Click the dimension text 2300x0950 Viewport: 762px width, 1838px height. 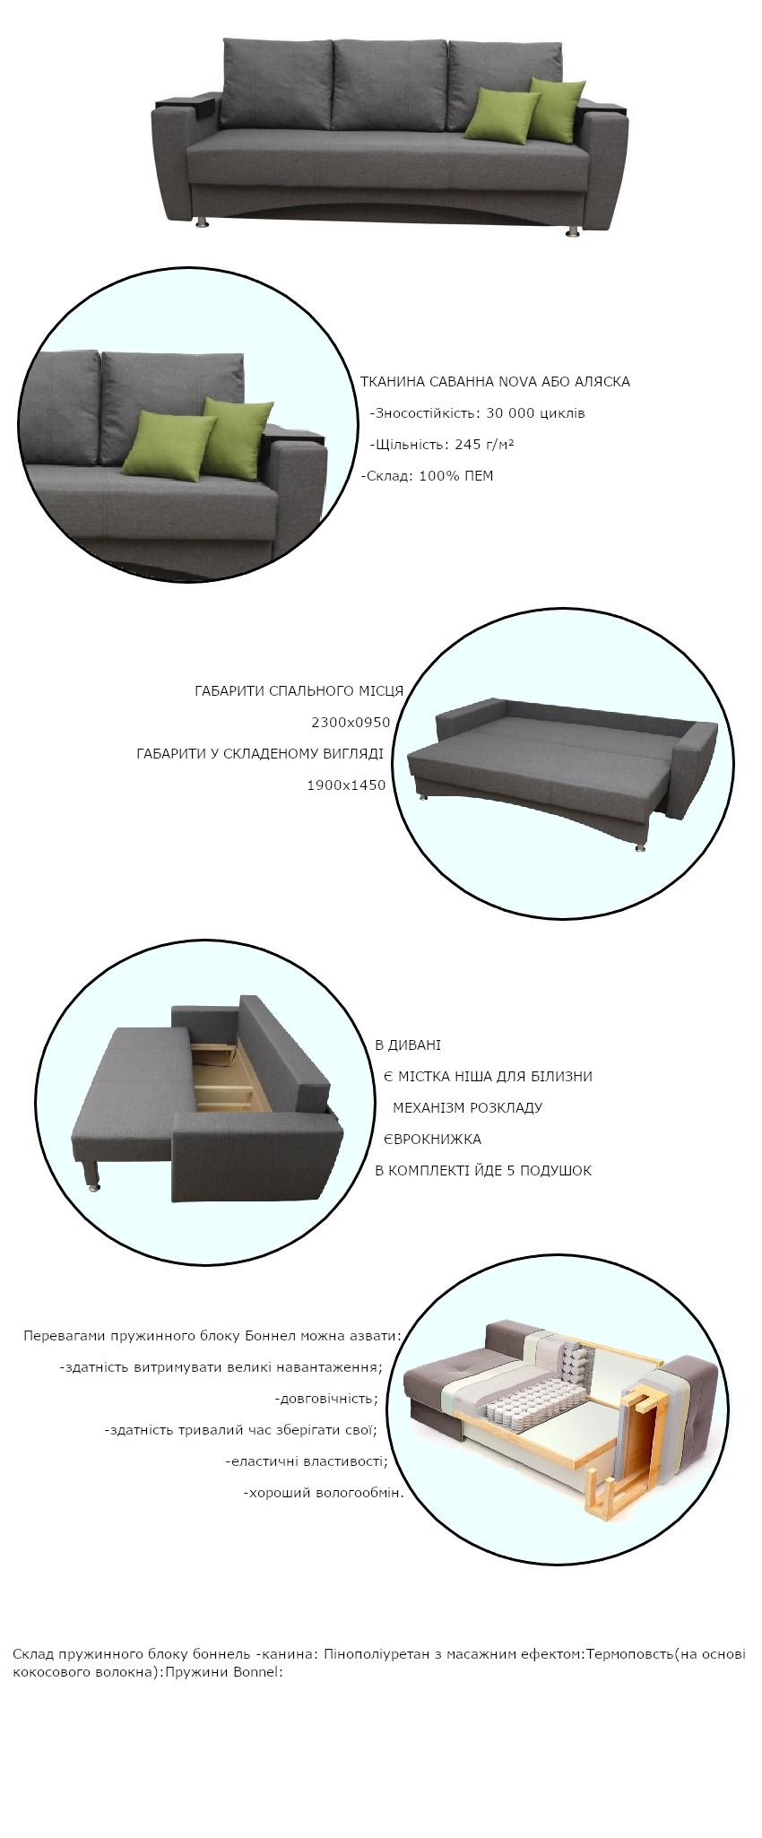pyautogui.click(x=351, y=723)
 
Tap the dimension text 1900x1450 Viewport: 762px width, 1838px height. pyautogui.click(x=346, y=785)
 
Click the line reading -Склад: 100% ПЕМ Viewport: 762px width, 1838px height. pyautogui.click(x=428, y=476)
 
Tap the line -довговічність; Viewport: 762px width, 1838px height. pyautogui.click(x=326, y=1399)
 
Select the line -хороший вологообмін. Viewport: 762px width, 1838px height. pyautogui.click(x=324, y=1493)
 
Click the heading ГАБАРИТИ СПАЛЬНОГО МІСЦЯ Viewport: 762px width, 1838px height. pyautogui.click(x=299, y=691)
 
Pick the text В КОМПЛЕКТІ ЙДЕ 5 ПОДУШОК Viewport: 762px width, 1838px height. pyautogui.click(x=483, y=1171)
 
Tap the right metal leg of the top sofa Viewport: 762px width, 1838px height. pyautogui.click(x=572, y=231)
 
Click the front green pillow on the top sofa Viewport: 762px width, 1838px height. pyautogui.click(x=501, y=115)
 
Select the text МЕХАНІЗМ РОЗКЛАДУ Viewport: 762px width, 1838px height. pyautogui.click(x=467, y=1108)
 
